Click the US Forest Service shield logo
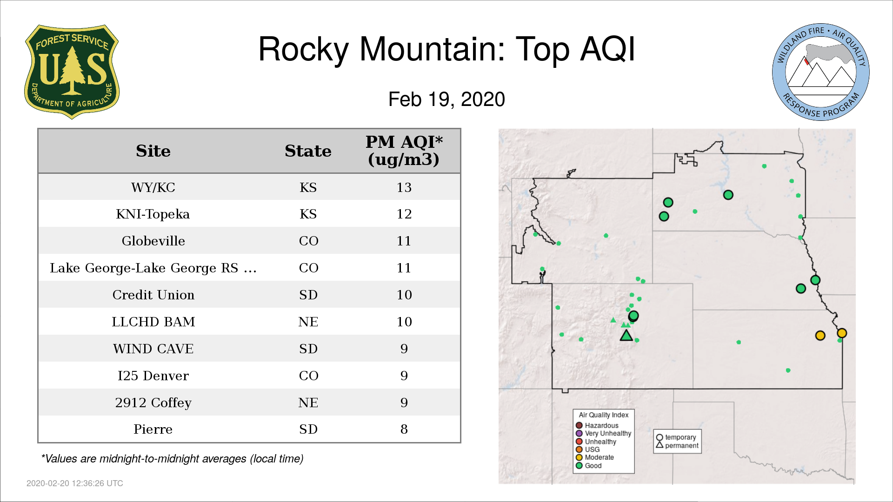pos(72,72)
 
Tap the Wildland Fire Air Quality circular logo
pos(821,72)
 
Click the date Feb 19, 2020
pos(446,99)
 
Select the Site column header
pos(153,151)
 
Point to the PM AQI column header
pos(404,151)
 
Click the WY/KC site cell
pos(153,187)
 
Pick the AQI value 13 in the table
pos(404,187)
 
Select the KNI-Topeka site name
pos(153,214)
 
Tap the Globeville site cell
pos(153,241)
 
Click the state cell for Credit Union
pos(308,295)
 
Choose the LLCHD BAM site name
pos(153,322)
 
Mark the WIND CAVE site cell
pos(153,349)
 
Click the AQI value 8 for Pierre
pos(404,429)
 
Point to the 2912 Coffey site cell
pos(153,403)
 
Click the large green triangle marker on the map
pos(626,335)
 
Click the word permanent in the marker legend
pos(682,445)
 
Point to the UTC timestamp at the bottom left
pos(75,483)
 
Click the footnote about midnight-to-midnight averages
pos(173,459)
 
